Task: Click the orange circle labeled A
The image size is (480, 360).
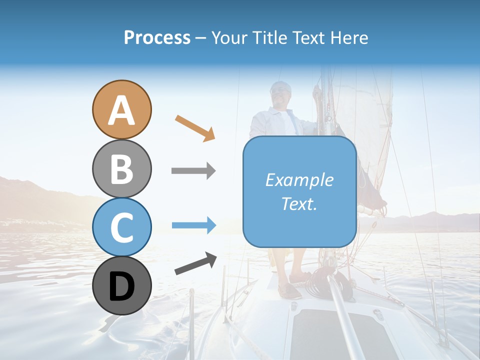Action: click(x=121, y=109)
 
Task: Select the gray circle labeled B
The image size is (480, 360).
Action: click(x=121, y=169)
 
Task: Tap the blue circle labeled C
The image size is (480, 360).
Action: click(x=121, y=227)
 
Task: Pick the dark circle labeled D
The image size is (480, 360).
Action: click(x=121, y=286)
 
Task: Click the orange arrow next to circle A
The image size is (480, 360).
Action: click(x=195, y=128)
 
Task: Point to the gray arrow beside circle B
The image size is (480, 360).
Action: click(x=193, y=171)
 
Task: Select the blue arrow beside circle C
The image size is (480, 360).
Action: click(x=193, y=225)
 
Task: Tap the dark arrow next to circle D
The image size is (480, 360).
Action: click(x=195, y=263)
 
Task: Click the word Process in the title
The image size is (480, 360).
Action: click(x=157, y=37)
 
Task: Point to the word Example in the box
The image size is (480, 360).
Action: click(x=299, y=180)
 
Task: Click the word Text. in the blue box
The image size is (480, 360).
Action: click(x=299, y=204)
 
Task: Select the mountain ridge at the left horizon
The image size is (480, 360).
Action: click(x=30, y=192)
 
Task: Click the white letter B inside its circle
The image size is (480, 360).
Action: click(x=121, y=169)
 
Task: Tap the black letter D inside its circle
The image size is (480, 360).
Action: click(x=121, y=286)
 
